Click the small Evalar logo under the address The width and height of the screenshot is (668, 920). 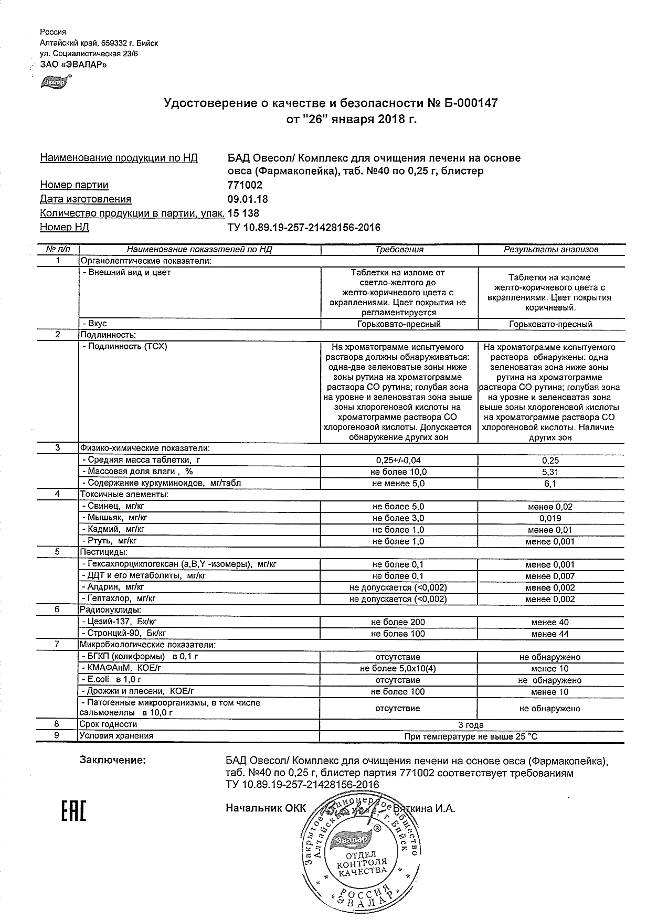(x=54, y=82)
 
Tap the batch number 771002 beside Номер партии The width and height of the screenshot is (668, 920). (x=245, y=185)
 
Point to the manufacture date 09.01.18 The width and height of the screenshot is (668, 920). (x=247, y=199)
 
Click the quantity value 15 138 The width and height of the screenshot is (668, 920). (x=242, y=213)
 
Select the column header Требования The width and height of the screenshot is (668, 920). (x=399, y=250)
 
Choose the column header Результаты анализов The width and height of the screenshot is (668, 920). (x=550, y=250)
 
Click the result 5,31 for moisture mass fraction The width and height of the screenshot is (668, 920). (x=550, y=472)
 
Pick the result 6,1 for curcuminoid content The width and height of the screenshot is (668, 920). (x=550, y=484)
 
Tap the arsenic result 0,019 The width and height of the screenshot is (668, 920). (x=550, y=518)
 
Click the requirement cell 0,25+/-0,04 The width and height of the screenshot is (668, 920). (x=398, y=461)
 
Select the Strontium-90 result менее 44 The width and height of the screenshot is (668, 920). (x=550, y=634)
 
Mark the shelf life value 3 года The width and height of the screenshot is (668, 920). (x=471, y=725)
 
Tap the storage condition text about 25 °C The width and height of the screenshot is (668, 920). (x=471, y=736)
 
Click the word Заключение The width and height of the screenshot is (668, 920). (x=112, y=759)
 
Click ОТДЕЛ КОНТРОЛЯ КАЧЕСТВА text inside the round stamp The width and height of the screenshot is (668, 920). (x=362, y=862)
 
